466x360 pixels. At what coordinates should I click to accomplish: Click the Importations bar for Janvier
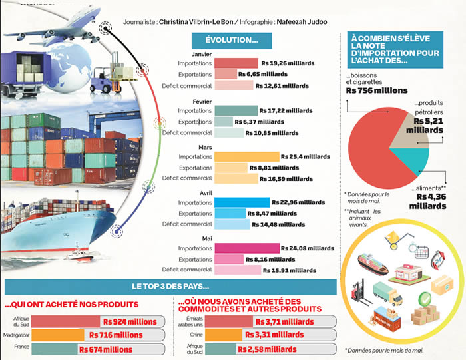point(236,63)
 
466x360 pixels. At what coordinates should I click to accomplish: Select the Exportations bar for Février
point(224,122)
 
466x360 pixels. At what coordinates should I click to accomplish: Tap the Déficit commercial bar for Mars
point(236,178)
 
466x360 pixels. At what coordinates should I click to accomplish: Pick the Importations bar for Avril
point(242,202)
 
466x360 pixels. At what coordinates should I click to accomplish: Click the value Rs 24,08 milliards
point(307,248)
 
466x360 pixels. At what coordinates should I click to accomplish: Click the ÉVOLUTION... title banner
point(232,41)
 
